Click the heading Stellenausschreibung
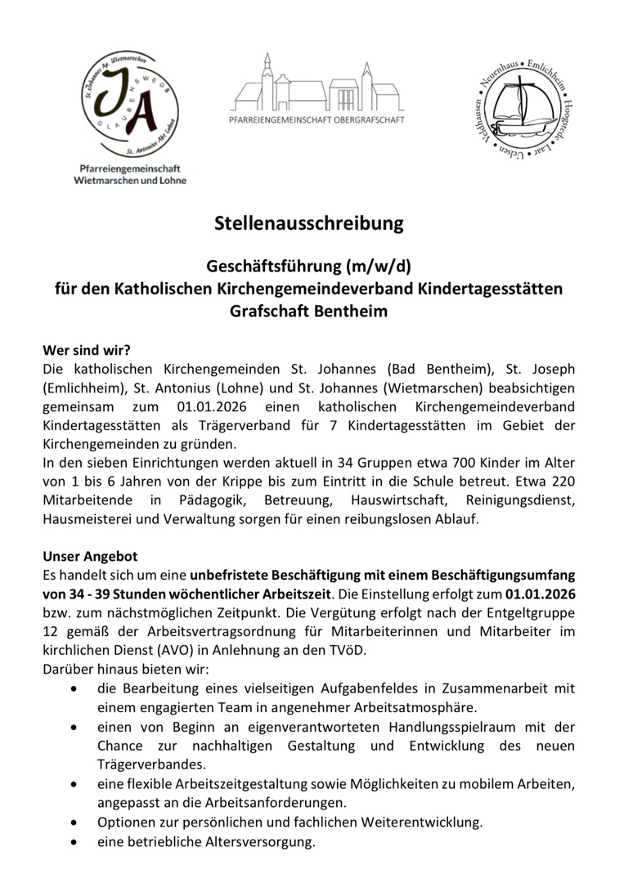click(309, 222)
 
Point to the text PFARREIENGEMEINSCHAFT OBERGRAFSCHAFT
click(316, 119)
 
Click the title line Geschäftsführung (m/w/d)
click(309, 266)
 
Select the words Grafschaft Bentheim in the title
click(309, 312)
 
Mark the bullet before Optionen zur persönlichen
click(75, 822)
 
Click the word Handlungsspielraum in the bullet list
click(400, 727)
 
